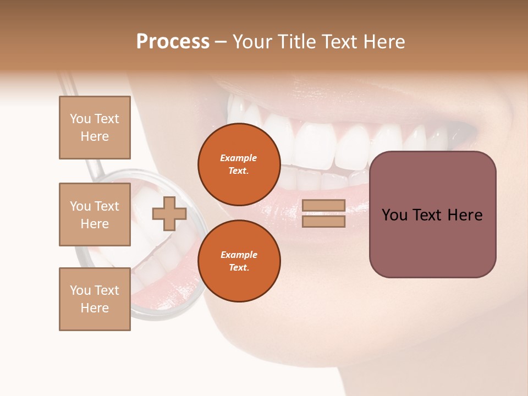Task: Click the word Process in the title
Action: pos(173,42)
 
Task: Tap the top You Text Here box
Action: pos(95,128)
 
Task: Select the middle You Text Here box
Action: pos(95,215)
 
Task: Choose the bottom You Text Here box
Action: pos(95,299)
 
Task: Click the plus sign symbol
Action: pos(169,214)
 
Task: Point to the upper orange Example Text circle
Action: pos(239,164)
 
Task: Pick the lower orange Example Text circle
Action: pos(239,261)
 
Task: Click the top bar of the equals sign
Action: pos(323,206)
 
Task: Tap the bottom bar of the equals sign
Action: pos(323,221)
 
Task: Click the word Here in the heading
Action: pos(384,42)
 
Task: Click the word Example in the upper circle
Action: pos(239,158)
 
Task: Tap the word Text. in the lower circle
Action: pos(239,267)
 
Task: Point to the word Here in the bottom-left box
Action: pos(95,308)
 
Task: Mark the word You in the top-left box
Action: pos(80,119)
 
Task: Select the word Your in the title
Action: pos(253,42)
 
